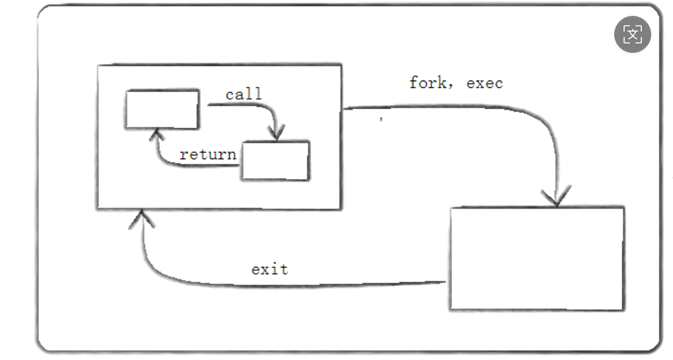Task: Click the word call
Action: pyautogui.click(x=243, y=94)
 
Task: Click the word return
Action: pyautogui.click(x=207, y=155)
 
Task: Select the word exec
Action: pyautogui.click(x=484, y=83)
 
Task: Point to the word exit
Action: pyautogui.click(x=269, y=269)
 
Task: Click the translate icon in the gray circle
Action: pyautogui.click(x=632, y=34)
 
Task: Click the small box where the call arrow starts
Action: pyautogui.click(x=162, y=109)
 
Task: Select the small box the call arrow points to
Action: pyautogui.click(x=275, y=161)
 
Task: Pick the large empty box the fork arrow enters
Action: pyautogui.click(x=536, y=258)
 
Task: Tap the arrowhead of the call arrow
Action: pyautogui.click(x=279, y=133)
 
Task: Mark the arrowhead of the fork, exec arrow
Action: pyautogui.click(x=556, y=197)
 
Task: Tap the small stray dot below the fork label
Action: pyautogui.click(x=381, y=120)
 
